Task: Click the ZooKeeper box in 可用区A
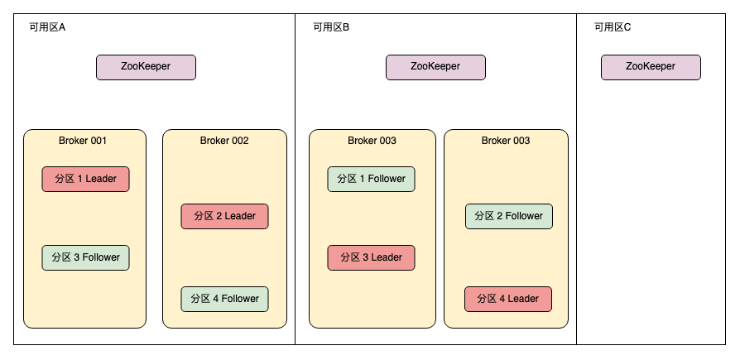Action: tap(146, 67)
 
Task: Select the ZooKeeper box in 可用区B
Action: tap(435, 67)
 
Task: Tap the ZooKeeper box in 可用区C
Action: tap(651, 67)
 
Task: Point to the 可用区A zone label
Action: tap(47, 27)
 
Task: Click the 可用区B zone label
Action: tap(331, 27)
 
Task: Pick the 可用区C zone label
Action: tap(613, 27)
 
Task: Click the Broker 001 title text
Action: tap(83, 141)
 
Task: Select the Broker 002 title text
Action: tap(224, 141)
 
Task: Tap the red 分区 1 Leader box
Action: tap(86, 179)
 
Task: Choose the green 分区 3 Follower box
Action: tap(86, 257)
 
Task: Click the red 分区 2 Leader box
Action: tap(224, 216)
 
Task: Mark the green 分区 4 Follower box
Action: tap(224, 299)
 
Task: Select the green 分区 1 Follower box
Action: tap(371, 179)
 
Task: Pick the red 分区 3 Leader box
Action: tap(371, 257)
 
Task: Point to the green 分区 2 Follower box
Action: tap(508, 216)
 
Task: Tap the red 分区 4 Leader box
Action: tap(508, 299)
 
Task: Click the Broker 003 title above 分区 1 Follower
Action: tap(372, 141)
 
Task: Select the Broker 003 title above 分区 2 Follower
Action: tap(506, 141)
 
